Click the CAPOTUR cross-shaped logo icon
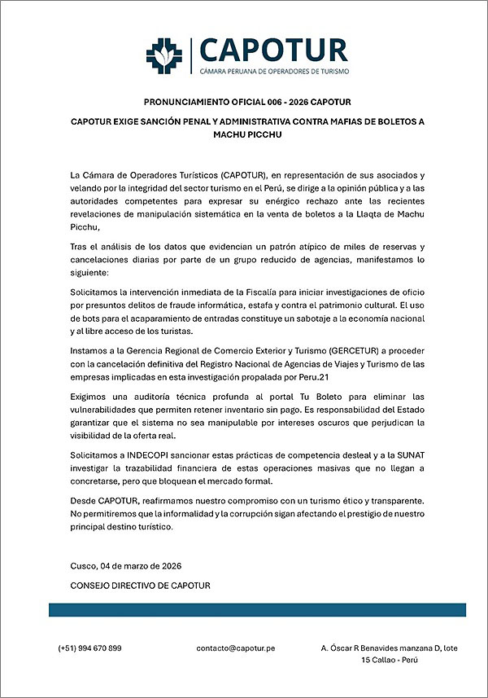tap(164, 55)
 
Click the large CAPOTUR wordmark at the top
tap(272, 50)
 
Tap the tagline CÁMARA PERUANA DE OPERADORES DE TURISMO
tap(272, 72)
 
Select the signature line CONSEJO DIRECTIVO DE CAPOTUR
tap(141, 585)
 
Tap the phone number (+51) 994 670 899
tap(89, 648)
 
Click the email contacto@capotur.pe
tap(236, 648)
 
